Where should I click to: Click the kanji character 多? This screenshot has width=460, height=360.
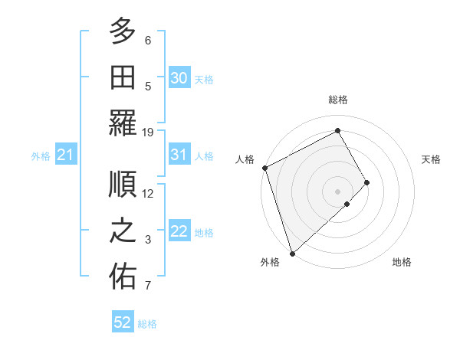tap(123, 31)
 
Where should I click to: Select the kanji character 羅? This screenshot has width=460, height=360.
tap(123, 123)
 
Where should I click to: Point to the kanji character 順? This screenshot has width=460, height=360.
tap(123, 183)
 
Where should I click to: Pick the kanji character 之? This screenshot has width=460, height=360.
tap(123, 231)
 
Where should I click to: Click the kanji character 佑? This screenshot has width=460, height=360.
tap(123, 277)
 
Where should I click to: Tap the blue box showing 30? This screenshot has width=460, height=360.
tap(179, 77)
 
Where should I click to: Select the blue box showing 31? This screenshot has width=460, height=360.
tap(179, 155)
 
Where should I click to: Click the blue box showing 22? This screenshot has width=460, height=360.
tap(179, 231)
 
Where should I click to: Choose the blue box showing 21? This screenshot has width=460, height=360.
tap(65, 155)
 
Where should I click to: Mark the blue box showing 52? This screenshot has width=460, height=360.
tap(123, 322)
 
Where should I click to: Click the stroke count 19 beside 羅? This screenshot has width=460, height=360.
tap(148, 132)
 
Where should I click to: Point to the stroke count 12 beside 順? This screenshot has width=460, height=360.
tap(148, 193)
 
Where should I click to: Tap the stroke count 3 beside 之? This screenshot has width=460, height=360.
tap(148, 240)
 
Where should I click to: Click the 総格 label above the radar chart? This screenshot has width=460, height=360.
tap(337, 100)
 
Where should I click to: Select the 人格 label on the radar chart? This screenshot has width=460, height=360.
tap(245, 159)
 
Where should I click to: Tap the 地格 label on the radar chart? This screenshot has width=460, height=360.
tap(402, 262)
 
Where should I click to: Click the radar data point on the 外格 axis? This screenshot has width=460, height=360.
tap(292, 252)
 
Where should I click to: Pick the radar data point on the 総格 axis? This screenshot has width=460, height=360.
tap(337, 130)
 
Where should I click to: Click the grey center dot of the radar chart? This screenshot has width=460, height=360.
tap(337, 190)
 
